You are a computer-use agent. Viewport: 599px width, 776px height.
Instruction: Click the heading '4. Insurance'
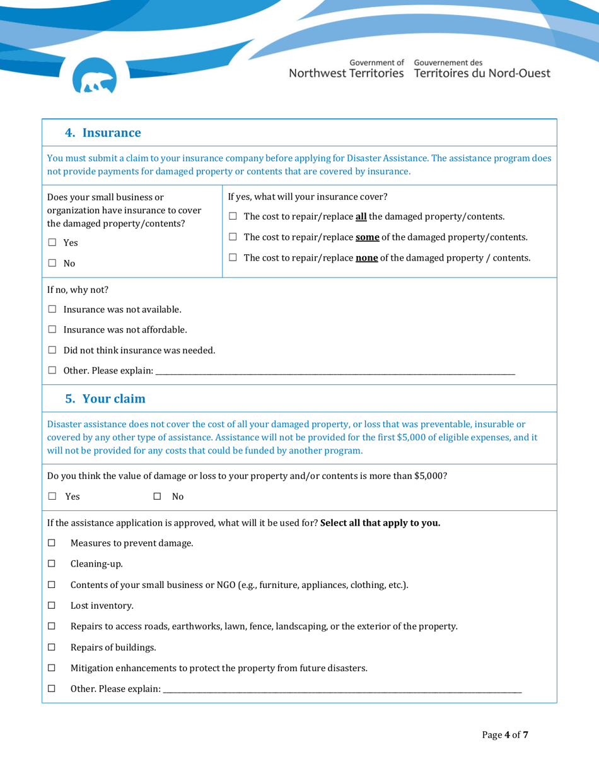pos(103,133)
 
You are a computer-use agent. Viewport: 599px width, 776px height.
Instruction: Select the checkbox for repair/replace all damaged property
pos(233,217)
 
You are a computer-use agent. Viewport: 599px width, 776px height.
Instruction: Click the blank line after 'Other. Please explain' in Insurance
pos(334,371)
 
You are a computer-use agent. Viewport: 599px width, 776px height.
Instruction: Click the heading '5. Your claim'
pos(105,399)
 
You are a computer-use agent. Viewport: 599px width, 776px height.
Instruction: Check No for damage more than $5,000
pos(157,497)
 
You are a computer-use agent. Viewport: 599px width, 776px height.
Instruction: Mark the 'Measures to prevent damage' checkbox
pos(52,543)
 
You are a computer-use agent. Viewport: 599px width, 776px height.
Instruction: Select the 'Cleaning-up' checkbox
pos(52,564)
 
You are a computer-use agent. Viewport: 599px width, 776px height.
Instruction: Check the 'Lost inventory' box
pos(52,606)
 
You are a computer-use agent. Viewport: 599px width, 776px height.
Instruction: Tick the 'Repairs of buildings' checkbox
pos(52,647)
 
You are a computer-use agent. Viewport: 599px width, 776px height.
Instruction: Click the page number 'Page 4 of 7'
pos(504,735)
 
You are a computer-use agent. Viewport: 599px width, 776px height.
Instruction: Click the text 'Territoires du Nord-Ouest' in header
pos(482,73)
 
